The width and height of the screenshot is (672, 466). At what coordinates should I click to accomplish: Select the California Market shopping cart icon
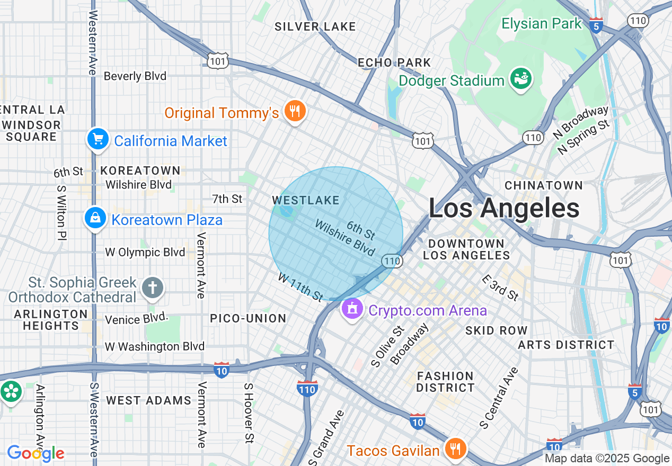(x=98, y=140)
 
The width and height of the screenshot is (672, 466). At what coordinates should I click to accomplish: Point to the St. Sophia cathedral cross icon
(x=153, y=289)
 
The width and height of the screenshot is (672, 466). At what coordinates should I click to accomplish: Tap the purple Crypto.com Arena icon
(x=352, y=309)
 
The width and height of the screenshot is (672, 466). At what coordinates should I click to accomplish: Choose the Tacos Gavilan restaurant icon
(x=455, y=449)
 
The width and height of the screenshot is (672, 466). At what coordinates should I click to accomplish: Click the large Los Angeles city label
(x=503, y=208)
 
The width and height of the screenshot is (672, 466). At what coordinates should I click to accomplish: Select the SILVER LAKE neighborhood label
(x=315, y=26)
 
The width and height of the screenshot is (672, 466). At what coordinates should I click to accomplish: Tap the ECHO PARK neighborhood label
(x=394, y=62)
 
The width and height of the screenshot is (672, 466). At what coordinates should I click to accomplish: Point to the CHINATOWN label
(x=544, y=185)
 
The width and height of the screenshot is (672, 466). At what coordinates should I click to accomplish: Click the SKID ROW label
(x=496, y=330)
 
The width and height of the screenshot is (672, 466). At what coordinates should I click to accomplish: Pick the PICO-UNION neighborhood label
(x=248, y=318)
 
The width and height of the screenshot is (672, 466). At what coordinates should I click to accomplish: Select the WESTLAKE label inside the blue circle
(x=305, y=200)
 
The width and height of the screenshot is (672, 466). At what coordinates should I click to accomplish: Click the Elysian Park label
(x=542, y=24)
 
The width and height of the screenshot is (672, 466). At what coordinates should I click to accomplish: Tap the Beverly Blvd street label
(x=135, y=76)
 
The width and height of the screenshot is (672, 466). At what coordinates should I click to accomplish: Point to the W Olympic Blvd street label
(x=145, y=252)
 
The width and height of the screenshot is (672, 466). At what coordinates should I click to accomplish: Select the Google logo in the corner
(x=36, y=453)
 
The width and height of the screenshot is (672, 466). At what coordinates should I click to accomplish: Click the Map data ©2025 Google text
(x=607, y=459)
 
